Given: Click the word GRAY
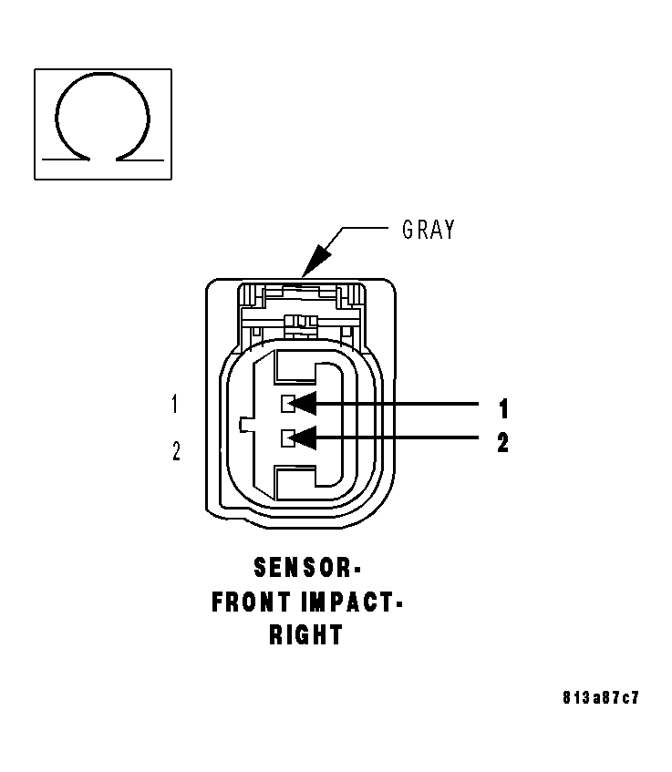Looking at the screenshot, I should point(428,230).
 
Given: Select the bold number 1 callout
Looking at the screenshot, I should point(502,407).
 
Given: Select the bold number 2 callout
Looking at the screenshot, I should point(502,443).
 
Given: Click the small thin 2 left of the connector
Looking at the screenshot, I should point(176,450).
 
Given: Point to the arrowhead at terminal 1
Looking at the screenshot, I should point(303,403).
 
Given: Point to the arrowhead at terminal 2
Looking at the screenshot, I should point(303,438).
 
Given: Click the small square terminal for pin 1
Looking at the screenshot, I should point(286,403).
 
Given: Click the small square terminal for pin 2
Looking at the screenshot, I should point(286,438).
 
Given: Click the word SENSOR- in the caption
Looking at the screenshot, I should point(307,569).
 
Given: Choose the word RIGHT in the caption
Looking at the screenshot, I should point(305,635).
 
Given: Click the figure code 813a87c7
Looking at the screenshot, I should point(601,698).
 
